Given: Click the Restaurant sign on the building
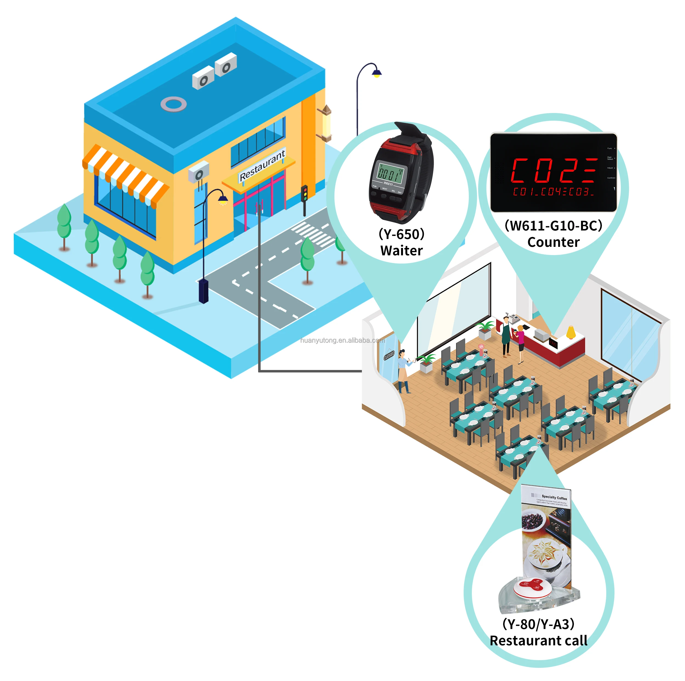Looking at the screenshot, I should click(262, 165).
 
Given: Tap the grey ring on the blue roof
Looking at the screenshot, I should click(173, 104).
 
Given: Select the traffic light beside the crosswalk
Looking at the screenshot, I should click(304, 194).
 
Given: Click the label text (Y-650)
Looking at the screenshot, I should click(401, 234).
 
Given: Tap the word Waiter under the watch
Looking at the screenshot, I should click(401, 251).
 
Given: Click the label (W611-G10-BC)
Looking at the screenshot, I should click(553, 225).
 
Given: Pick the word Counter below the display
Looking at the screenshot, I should click(553, 242).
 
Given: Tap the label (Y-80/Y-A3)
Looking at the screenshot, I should click(538, 624).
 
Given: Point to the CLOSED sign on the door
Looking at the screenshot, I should click(389, 355).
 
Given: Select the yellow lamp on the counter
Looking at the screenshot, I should click(571, 332).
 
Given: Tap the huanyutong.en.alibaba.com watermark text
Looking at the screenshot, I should click(342, 340).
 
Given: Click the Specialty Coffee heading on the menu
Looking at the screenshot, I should click(554, 497).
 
